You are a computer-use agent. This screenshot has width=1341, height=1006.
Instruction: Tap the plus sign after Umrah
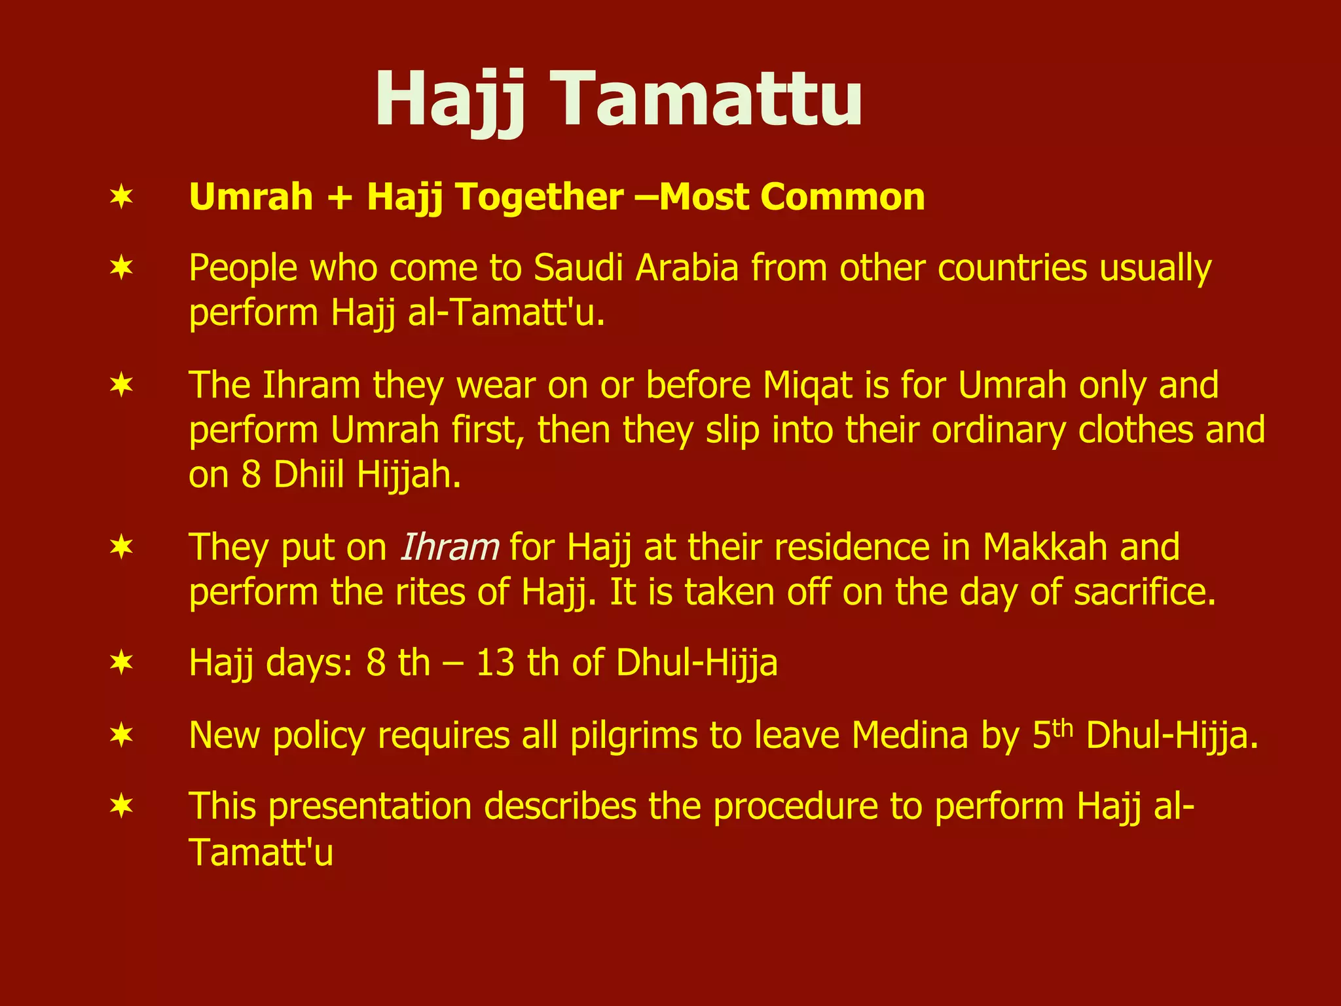[340, 197]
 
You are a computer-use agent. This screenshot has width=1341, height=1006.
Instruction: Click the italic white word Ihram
[449, 548]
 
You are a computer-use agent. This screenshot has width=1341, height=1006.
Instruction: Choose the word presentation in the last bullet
[370, 806]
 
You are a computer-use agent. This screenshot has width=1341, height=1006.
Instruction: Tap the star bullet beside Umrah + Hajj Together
[122, 197]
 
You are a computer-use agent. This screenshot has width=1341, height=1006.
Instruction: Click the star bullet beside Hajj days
[122, 663]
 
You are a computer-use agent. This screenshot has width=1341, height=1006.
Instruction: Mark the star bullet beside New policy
[122, 736]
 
